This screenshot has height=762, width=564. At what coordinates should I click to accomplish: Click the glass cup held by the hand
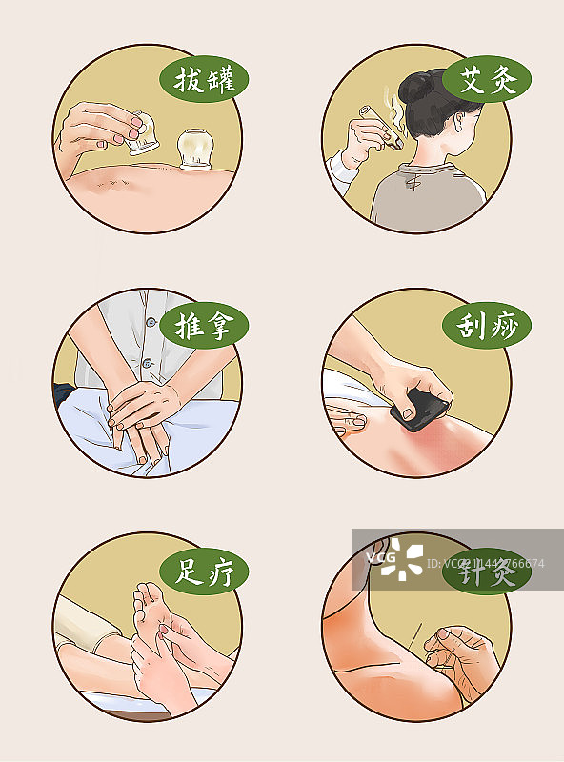tap(142, 133)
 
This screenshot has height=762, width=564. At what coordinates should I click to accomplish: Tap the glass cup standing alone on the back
tap(194, 151)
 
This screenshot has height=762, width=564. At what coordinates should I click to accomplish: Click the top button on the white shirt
tap(150, 323)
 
